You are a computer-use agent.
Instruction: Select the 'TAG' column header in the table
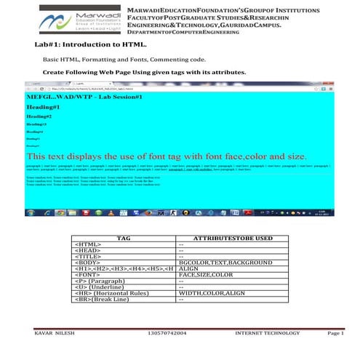coord(124,238)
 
